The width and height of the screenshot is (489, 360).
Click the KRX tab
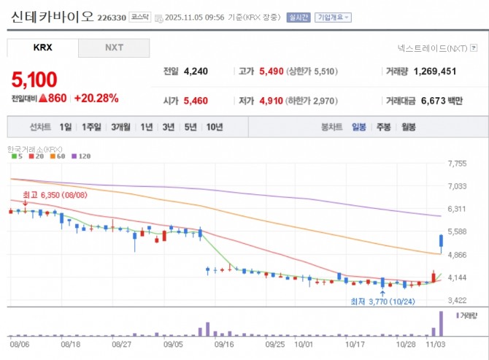click(x=42, y=48)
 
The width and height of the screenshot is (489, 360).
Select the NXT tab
click(x=114, y=48)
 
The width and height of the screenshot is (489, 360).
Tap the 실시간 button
click(x=299, y=17)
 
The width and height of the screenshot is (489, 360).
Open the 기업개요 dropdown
click(x=332, y=17)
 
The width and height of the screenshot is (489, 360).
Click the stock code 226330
click(x=112, y=17)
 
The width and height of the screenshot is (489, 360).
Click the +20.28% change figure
click(x=96, y=98)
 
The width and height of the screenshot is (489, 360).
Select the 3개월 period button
click(x=121, y=127)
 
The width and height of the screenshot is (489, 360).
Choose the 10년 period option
click(x=215, y=127)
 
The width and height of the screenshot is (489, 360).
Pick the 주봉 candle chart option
click(x=383, y=127)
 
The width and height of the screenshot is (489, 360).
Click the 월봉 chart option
click(x=407, y=127)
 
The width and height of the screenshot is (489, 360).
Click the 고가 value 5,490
click(x=275, y=72)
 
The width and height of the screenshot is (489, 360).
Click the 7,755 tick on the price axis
click(x=457, y=164)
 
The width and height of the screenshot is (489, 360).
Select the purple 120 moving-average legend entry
click(x=81, y=156)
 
